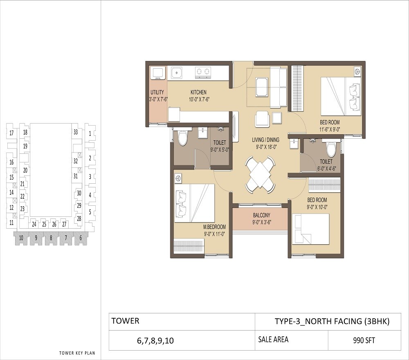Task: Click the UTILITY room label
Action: click(157, 92)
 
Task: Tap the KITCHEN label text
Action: click(198, 92)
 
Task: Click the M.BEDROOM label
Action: click(215, 227)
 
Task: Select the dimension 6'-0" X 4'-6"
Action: click(326, 168)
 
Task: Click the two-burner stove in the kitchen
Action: click(202, 72)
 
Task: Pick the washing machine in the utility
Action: click(158, 73)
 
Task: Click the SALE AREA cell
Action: click(273, 340)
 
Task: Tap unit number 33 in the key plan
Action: click(76, 132)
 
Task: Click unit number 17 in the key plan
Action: click(12, 133)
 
